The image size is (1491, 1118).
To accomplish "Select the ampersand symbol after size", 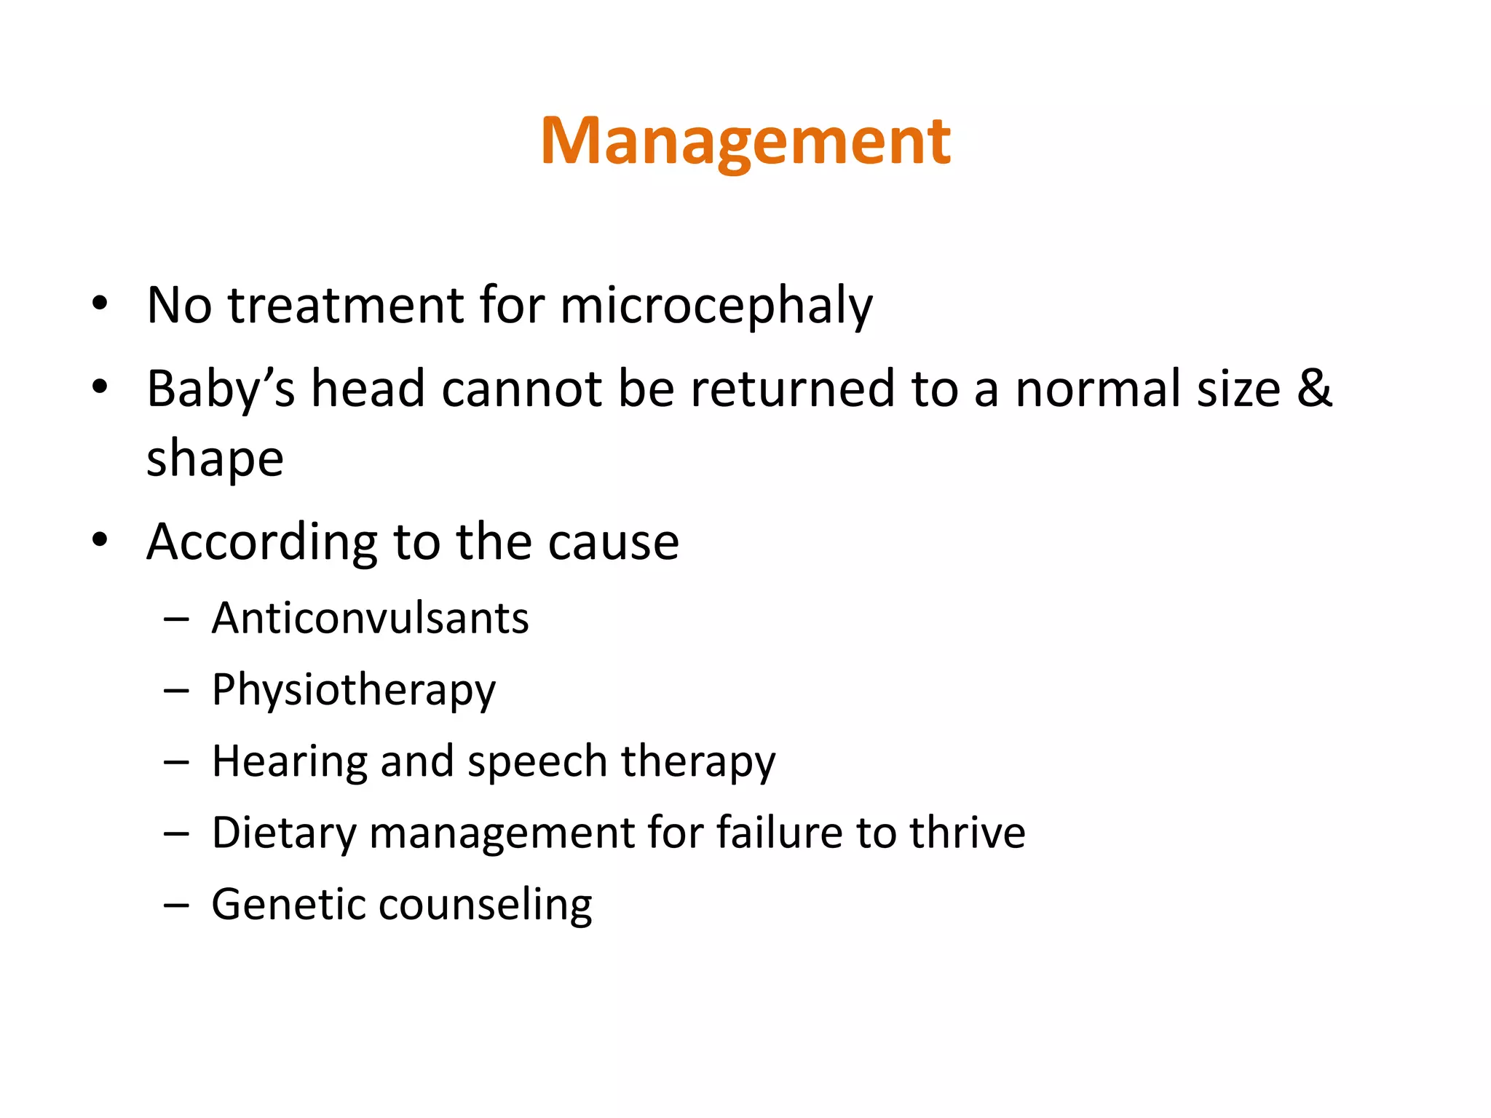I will (x=1314, y=388).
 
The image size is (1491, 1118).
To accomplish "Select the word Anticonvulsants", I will (x=370, y=619).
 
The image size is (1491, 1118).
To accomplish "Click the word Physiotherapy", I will (x=353, y=691).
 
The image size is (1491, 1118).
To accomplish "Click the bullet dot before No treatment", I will (x=100, y=304).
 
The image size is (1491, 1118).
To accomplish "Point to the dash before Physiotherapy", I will (x=176, y=690).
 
